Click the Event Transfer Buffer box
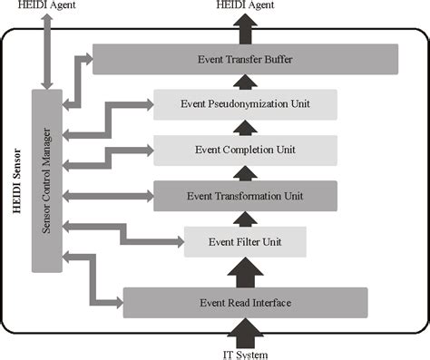(245, 60)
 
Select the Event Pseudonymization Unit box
(245, 104)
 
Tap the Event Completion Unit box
(245, 149)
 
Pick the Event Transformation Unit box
(245, 195)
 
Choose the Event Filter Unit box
(245, 242)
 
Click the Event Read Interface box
(245, 302)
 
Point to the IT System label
(245, 354)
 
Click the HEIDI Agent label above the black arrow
(245, 7)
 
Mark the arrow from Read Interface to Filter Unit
(245, 271)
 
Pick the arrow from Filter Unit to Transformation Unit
(245, 219)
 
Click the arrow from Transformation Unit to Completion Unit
(245, 172)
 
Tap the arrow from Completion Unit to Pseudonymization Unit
(245, 127)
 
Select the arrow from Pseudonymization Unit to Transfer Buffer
(245, 82)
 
